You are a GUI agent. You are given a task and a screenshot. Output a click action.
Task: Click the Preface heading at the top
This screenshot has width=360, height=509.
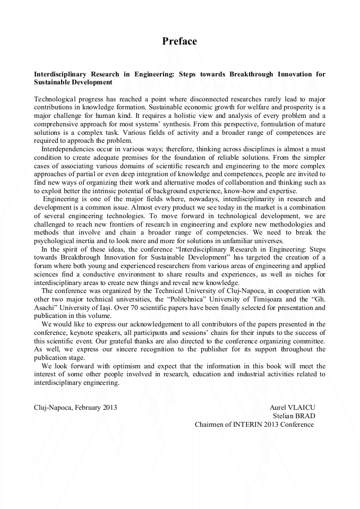(179, 41)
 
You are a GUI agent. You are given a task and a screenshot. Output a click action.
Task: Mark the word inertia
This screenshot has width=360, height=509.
(88, 240)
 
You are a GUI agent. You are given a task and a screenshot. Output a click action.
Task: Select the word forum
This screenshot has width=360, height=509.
(43, 266)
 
